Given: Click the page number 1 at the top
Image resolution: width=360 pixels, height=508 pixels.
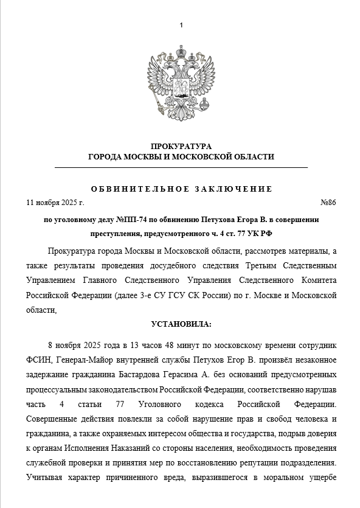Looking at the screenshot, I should [x=181, y=25].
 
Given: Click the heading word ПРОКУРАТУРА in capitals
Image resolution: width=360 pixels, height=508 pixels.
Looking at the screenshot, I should [x=181, y=146].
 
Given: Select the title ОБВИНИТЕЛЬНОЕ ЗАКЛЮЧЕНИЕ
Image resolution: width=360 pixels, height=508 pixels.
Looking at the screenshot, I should [x=181, y=189].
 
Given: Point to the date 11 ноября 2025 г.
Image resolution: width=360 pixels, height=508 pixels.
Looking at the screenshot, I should [x=55, y=202].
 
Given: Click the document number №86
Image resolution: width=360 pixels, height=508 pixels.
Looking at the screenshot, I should [x=328, y=202].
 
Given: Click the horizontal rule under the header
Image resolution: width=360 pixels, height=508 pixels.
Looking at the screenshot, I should [x=181, y=167].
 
